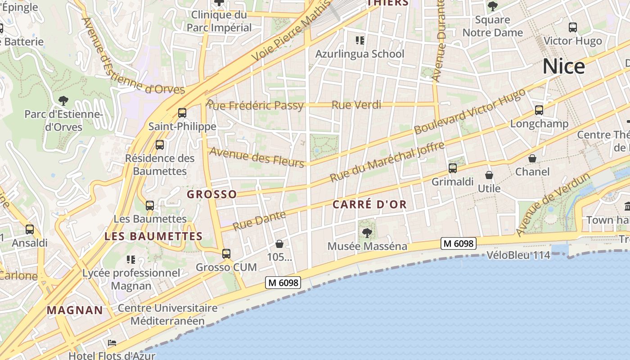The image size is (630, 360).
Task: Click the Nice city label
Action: tap(563, 67)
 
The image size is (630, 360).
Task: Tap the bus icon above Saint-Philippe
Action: tap(182, 112)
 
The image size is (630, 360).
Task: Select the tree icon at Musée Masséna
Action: tap(367, 233)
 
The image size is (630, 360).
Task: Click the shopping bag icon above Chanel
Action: tap(532, 158)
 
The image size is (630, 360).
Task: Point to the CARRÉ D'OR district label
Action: tap(369, 205)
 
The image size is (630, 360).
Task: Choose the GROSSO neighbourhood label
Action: tap(211, 194)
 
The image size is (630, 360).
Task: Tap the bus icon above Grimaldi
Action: tap(453, 168)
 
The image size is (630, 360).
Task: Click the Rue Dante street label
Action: tap(259, 220)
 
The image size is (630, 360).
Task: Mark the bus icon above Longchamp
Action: tap(539, 110)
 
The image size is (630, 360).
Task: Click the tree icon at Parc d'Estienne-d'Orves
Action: tap(63, 100)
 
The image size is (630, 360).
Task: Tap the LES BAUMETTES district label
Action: tap(153, 236)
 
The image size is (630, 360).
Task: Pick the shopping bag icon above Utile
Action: tap(489, 175)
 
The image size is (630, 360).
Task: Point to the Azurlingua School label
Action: tap(360, 54)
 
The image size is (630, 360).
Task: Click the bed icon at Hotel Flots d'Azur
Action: tap(112, 343)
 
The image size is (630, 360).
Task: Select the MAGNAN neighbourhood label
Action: tap(75, 310)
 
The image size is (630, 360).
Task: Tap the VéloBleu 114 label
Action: tap(518, 255)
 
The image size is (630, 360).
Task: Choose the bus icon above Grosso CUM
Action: tap(226, 253)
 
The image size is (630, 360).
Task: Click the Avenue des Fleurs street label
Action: tap(257, 157)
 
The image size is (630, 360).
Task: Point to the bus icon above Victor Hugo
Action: tap(573, 27)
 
